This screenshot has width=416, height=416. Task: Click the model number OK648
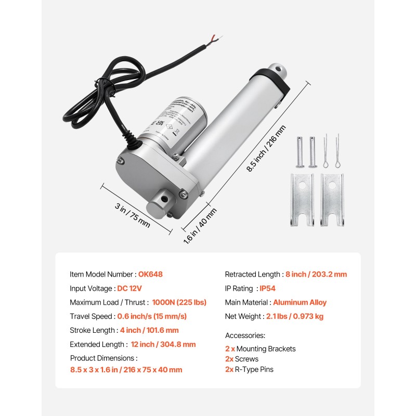154,274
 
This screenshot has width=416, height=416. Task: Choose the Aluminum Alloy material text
300,302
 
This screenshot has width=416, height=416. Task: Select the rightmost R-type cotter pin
338,151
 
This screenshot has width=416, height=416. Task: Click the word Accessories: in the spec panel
245,335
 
